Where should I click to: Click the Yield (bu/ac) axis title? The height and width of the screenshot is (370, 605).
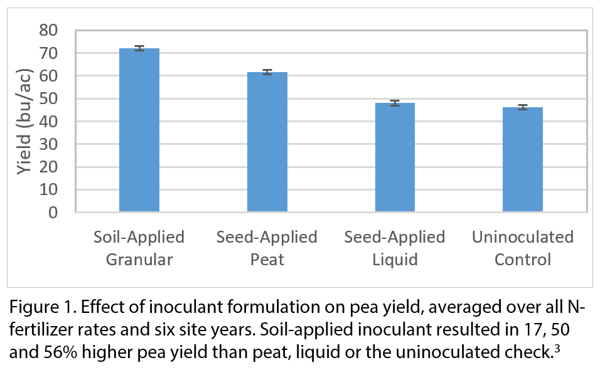[24, 121]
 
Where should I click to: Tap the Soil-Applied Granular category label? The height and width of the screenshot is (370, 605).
[139, 248]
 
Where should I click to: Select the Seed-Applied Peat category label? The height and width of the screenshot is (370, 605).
[267, 248]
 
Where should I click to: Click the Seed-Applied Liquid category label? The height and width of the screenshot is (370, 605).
[395, 248]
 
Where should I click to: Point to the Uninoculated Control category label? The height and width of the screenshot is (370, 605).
[523, 248]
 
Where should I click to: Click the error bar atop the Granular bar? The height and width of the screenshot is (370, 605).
[139, 48]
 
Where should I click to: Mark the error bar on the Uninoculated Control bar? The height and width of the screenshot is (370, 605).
[523, 107]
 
